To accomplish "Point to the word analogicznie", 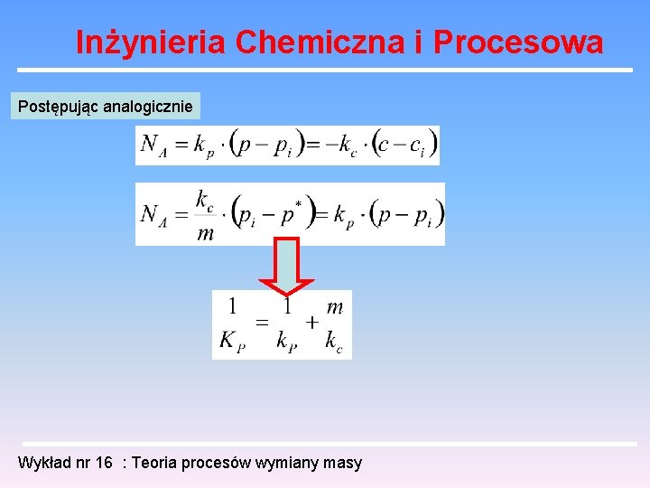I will [x=148, y=107].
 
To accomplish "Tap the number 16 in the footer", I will [x=104, y=463].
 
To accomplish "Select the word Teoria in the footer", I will [x=155, y=463].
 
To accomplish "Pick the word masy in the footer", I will [x=343, y=463].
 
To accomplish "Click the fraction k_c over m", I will [x=206, y=215].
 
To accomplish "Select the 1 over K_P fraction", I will [x=232, y=324].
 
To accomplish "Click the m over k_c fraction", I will [x=334, y=324].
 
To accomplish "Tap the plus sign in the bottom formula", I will [x=311, y=323].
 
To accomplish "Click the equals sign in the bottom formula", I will [x=261, y=323].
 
